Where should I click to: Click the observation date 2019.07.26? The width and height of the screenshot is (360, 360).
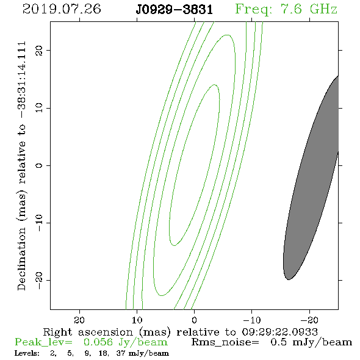click(x=62, y=9)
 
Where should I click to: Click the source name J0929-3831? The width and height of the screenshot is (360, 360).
click(x=174, y=10)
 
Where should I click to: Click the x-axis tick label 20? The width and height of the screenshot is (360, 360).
click(x=79, y=320)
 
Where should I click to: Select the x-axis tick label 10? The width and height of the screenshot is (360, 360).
click(x=137, y=320)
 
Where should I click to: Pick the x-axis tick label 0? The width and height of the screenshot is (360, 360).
click(x=195, y=320)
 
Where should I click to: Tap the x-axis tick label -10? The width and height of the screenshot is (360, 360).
click(x=252, y=320)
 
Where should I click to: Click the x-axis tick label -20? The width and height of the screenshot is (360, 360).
click(x=309, y=320)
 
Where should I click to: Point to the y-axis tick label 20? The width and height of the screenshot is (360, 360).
click(x=39, y=50)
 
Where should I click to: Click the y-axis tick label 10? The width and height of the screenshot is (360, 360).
click(x=39, y=108)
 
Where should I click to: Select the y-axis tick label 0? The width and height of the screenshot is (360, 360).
click(x=39, y=165)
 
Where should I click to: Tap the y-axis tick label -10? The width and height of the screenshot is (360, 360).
click(x=39, y=223)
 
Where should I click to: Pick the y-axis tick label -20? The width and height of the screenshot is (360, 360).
click(x=39, y=280)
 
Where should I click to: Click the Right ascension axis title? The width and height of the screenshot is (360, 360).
click(x=181, y=332)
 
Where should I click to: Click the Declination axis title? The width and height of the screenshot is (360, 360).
click(x=21, y=166)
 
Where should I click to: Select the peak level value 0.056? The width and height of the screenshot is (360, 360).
click(x=98, y=342)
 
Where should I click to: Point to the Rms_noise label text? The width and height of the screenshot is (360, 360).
click(x=225, y=342)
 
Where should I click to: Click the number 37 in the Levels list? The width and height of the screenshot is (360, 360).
click(x=121, y=353)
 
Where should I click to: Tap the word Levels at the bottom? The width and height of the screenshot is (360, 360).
click(x=27, y=353)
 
